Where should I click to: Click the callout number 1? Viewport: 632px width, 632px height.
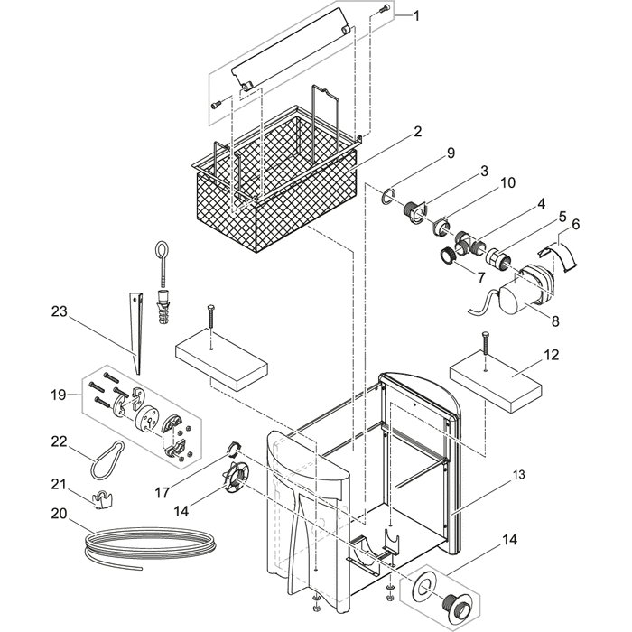pyautogui.click(x=416, y=16)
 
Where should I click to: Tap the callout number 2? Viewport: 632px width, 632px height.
pyautogui.click(x=417, y=132)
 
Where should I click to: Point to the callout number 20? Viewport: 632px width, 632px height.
pyautogui.click(x=60, y=512)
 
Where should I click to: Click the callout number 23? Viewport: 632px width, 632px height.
pyautogui.click(x=60, y=311)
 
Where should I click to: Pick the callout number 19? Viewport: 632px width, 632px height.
pyautogui.click(x=60, y=394)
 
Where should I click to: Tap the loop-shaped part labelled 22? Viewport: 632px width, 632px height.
pyautogui.click(x=107, y=457)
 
